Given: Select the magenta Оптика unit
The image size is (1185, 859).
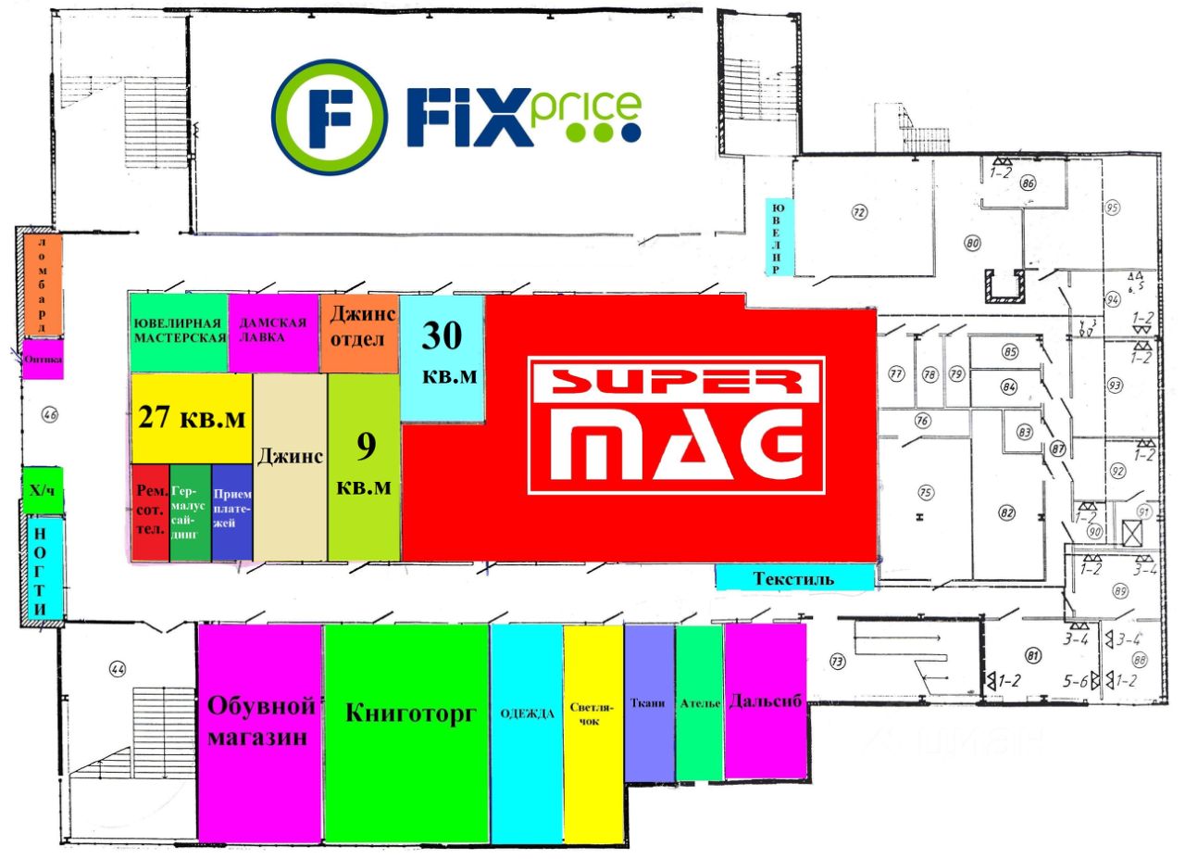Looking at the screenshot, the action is (x=44, y=360).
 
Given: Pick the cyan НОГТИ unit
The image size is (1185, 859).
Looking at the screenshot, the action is (x=43, y=571).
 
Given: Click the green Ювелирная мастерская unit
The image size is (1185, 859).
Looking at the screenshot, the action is (x=179, y=332).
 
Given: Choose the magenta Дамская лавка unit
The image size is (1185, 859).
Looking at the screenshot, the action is (x=274, y=332).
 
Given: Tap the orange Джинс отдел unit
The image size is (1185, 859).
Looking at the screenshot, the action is (x=361, y=332).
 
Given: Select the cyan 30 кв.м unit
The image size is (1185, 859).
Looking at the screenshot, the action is (x=442, y=356).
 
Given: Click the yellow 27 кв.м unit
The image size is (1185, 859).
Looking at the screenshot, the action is (x=192, y=418).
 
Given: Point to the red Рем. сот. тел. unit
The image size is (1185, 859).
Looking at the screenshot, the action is (x=150, y=512).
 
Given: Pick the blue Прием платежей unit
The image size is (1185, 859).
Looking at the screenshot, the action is (x=232, y=512).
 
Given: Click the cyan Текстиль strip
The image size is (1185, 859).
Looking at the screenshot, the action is (x=794, y=579).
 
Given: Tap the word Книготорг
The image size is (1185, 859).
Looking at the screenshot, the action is (x=410, y=714).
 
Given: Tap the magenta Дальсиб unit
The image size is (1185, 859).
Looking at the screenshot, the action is (x=765, y=701).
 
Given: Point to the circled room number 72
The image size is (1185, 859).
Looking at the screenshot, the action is (x=859, y=213).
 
